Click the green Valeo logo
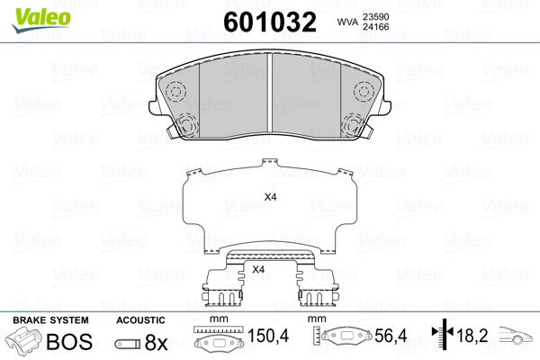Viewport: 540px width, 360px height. tap(41, 20)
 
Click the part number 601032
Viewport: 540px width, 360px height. tap(270, 22)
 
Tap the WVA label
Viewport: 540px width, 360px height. tap(347, 22)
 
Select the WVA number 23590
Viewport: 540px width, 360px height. tap(375, 17)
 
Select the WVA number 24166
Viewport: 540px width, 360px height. tap(375, 27)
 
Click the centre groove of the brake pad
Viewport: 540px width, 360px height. tap(270, 93)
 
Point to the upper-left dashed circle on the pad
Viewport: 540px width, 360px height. tap(176, 92)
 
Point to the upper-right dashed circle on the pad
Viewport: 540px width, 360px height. tap(364, 92)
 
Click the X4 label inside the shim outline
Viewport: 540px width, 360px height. tap(270, 197)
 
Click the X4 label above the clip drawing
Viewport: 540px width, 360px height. tap(258, 269)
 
